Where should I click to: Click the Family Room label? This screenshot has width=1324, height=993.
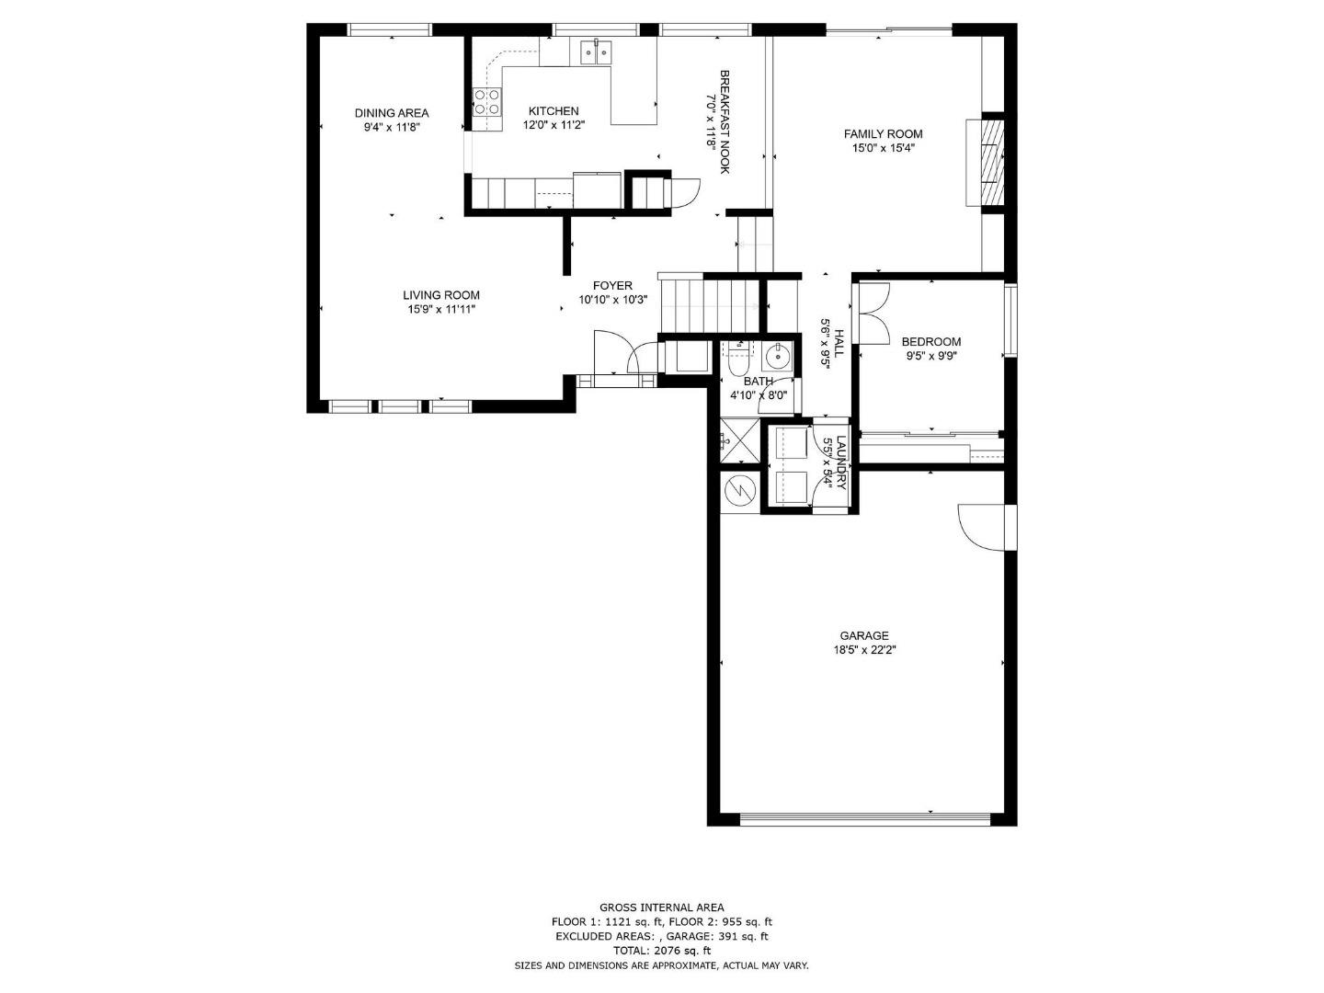coord(883,133)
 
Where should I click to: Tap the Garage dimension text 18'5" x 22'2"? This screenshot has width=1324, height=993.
coord(863,650)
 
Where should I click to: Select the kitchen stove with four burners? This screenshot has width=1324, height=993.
coord(487,101)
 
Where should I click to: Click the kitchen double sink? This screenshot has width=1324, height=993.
coord(596,52)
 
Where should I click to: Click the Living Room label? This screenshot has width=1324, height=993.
coord(441,295)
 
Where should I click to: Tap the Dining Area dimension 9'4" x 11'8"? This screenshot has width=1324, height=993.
coord(392,128)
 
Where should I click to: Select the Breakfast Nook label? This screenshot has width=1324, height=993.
coord(725,121)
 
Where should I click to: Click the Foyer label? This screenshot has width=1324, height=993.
coord(612,286)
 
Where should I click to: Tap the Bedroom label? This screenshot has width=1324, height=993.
coord(930,342)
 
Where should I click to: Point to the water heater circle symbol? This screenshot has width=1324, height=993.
coord(738,491)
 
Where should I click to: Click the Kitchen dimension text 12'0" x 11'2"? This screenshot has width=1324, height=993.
coord(554,125)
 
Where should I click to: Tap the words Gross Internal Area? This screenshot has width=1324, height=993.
coord(661,907)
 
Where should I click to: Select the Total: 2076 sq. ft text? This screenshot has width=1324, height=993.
coord(661,951)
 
